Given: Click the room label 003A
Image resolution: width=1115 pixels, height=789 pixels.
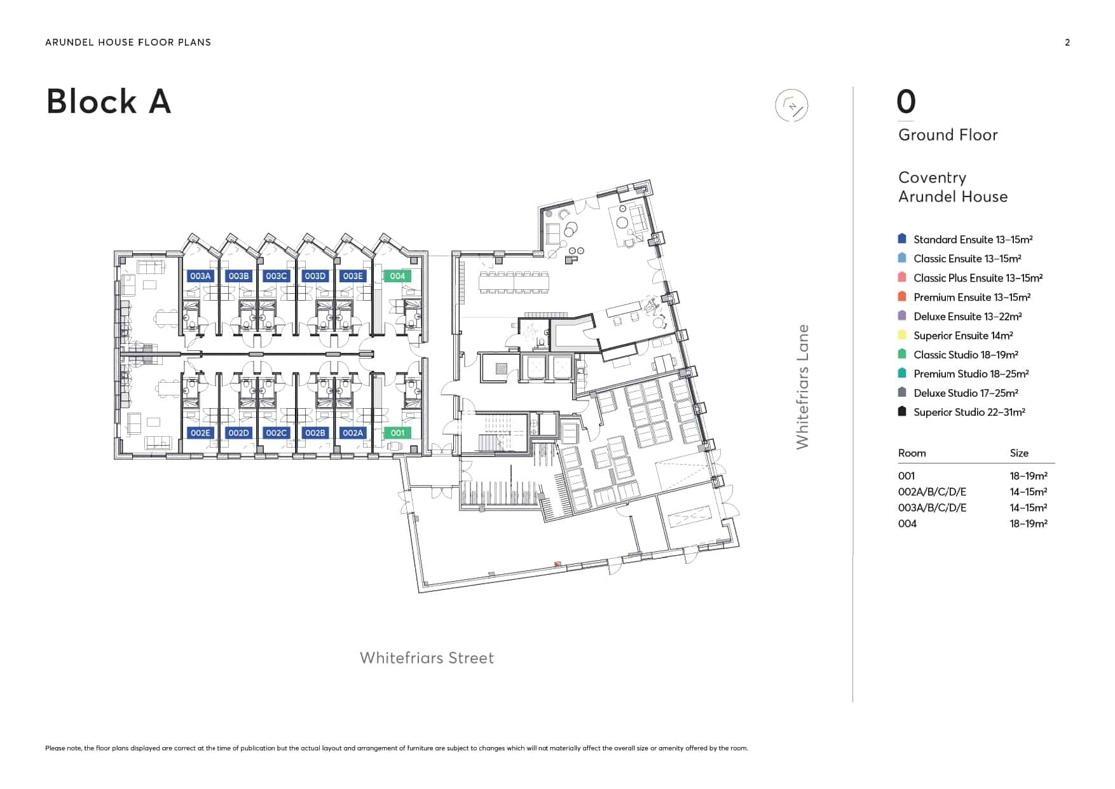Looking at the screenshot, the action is coord(200,276).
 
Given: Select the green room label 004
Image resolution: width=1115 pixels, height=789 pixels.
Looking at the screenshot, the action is coord(397,276).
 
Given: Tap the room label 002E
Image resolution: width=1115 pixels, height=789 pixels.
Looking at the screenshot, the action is coord(200,433).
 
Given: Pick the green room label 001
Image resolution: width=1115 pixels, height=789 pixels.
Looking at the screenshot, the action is coord(397,433).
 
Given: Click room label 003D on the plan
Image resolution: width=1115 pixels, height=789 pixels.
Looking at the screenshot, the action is coord(315,276).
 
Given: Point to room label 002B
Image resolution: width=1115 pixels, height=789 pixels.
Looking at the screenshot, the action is coord(315,433).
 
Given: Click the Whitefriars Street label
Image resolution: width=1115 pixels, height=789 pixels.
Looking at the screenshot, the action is coord(427,658).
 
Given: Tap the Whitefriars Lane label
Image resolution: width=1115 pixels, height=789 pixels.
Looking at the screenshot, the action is coord(803,387).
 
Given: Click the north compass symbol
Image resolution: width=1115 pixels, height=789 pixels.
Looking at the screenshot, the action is coord(791,106).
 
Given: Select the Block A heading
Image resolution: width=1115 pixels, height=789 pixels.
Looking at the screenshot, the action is coord(109,101).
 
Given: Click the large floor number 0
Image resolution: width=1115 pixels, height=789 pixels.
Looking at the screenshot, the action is coord(906,102).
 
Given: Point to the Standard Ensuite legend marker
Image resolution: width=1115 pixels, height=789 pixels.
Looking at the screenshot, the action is coord(901,239).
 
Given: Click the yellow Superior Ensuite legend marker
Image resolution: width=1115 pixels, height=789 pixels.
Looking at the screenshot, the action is coord(901,335).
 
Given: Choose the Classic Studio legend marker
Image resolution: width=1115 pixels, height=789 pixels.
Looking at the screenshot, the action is coord(901,354).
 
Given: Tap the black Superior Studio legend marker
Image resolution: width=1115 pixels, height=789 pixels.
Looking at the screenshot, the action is coord(901,411).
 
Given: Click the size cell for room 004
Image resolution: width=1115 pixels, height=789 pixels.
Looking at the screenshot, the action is coord(1029,524).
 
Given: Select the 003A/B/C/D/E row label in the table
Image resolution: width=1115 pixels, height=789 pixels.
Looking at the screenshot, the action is coord(932,508).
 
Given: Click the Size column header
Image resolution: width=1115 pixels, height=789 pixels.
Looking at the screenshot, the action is coord(1019,453).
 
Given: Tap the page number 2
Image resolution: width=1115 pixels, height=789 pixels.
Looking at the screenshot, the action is coord(1067,43).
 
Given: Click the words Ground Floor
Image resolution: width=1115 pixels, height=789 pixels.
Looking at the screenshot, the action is coord(948,135).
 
